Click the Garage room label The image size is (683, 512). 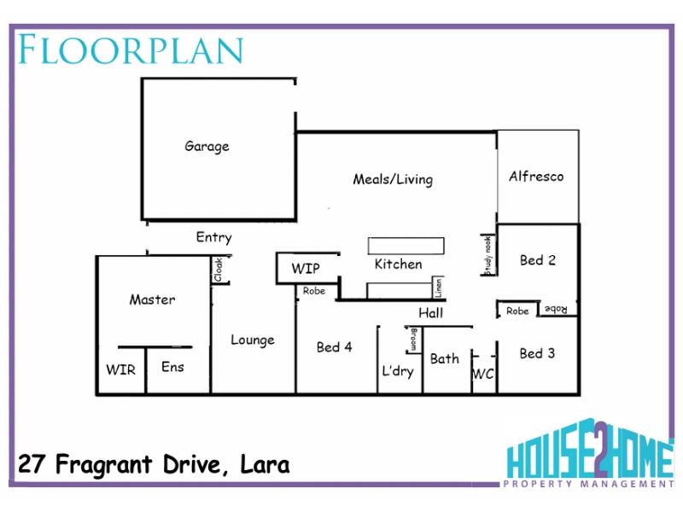(207, 146)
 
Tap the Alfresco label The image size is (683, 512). (536, 177)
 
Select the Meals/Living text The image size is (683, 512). (393, 179)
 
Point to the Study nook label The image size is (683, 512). (488, 255)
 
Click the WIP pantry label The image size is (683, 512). (306, 268)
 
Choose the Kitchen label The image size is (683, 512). (398, 265)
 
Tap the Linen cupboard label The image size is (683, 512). (438, 288)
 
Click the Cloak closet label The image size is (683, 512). (219, 270)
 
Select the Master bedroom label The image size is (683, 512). (153, 300)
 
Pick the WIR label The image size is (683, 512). (120, 369)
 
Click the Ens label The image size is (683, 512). (172, 367)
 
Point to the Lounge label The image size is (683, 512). (253, 340)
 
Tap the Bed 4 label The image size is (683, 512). (334, 347)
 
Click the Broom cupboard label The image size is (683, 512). (414, 340)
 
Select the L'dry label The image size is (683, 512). (398, 371)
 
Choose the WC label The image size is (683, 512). (483, 374)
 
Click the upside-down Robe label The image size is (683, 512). (557, 309)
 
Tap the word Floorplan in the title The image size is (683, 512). (131, 49)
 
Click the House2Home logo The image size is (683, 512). (590, 454)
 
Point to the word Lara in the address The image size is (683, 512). (265, 464)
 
